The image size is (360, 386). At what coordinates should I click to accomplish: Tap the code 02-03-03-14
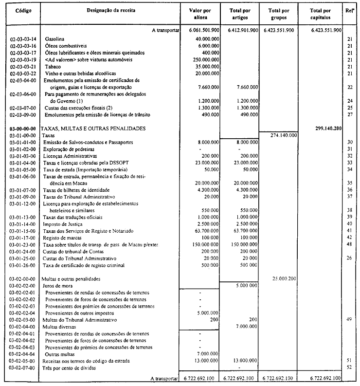coord(22,38)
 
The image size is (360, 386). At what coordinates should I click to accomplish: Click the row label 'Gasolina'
coord(55,38)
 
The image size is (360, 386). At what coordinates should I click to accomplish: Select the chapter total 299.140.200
coord(325,128)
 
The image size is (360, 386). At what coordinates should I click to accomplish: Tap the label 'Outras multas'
coord(62,353)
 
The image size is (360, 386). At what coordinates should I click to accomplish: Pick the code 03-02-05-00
coord(22,360)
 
